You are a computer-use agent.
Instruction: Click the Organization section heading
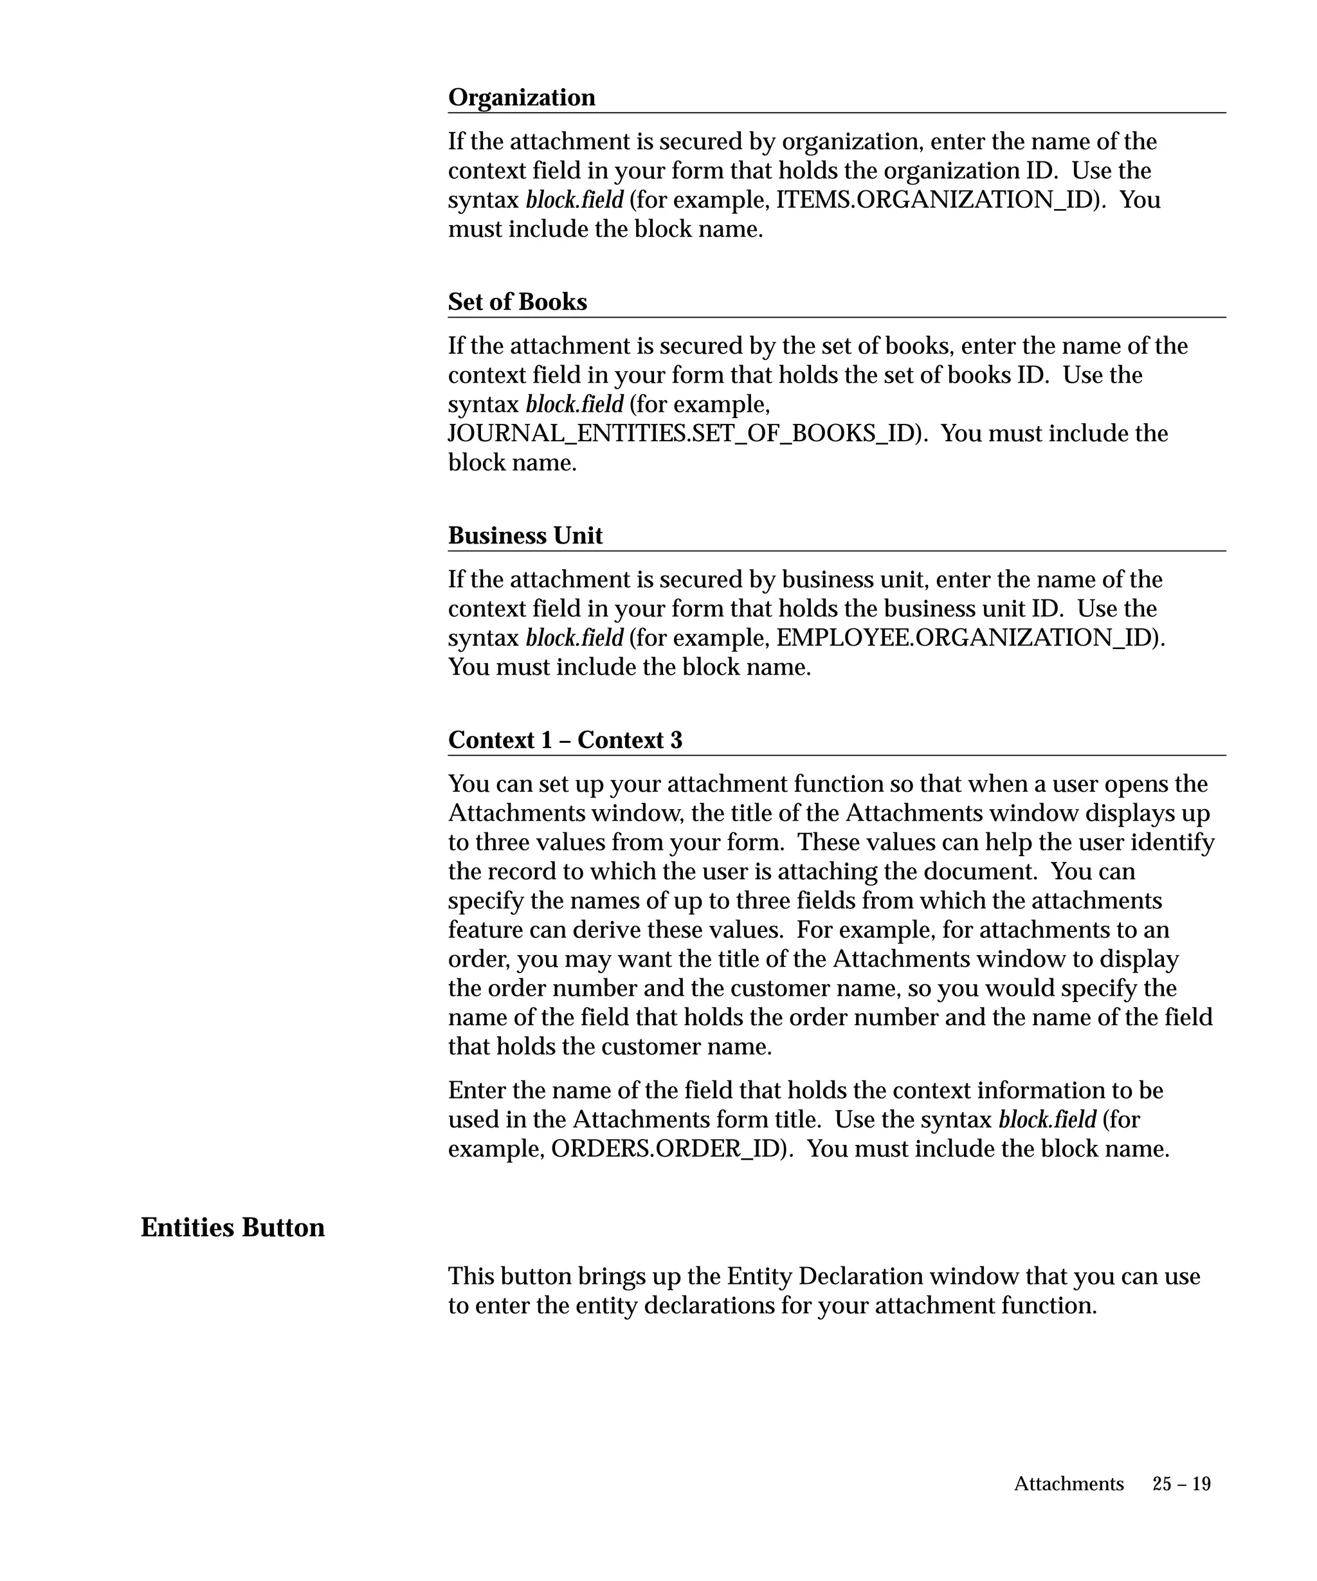point(522,97)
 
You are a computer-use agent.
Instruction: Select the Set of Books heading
point(517,302)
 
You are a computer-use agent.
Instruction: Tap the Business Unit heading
point(525,535)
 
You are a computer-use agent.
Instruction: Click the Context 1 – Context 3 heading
point(565,740)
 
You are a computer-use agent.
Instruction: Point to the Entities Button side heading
point(233,1227)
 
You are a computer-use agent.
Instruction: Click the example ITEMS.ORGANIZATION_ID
point(934,200)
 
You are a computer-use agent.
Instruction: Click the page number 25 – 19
point(1181,1484)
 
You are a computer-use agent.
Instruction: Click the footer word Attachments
point(1069,1484)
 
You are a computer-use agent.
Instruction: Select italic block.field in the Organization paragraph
point(574,200)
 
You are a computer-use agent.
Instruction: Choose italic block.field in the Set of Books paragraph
point(574,405)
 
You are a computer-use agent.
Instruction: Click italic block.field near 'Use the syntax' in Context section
point(1047,1119)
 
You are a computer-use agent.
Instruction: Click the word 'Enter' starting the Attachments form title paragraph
point(472,1090)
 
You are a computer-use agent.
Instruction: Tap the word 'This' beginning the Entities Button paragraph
point(471,1276)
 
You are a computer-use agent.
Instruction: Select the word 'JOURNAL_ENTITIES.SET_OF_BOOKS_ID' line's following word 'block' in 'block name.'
point(477,462)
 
